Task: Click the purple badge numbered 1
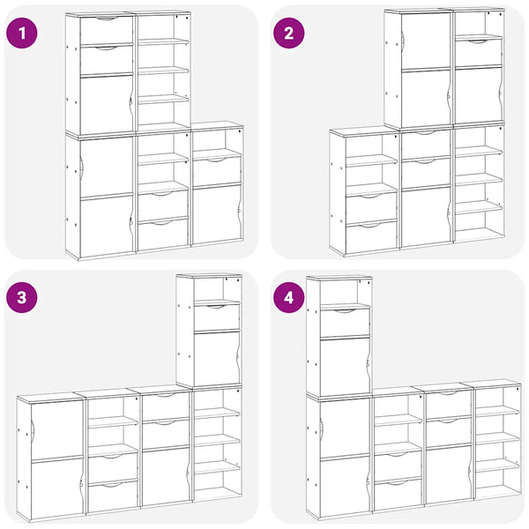(22, 34)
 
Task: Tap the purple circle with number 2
(289, 34)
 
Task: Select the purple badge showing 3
(22, 298)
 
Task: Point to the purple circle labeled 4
(289, 298)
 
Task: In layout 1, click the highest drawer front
(107, 30)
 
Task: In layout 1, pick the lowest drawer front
(163, 235)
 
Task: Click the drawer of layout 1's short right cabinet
(217, 170)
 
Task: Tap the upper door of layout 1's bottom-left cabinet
(107, 167)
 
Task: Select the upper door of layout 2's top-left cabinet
(427, 41)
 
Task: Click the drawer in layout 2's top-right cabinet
(479, 53)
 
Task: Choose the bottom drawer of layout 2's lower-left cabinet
(371, 237)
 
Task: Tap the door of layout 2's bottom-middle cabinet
(427, 218)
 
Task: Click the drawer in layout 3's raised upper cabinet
(217, 317)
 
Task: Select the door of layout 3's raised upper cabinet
(217, 358)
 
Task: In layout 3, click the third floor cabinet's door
(166, 476)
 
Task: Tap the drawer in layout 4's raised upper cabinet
(345, 322)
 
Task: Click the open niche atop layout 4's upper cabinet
(345, 292)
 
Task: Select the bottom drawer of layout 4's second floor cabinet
(399, 494)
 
